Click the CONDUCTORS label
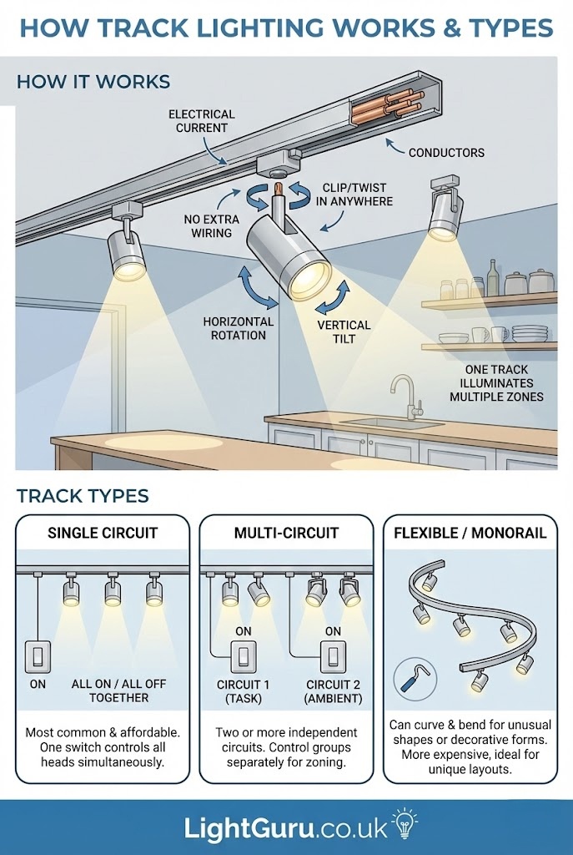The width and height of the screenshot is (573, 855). [x=446, y=153]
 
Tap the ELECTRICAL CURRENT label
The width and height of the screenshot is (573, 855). [x=202, y=121]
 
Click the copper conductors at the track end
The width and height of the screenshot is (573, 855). [x=387, y=105]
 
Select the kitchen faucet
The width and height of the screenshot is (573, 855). [x=405, y=396]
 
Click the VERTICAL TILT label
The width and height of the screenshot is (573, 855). [x=344, y=331]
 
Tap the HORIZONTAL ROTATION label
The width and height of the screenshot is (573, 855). [x=239, y=328]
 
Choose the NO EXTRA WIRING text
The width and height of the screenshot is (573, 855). [x=211, y=225]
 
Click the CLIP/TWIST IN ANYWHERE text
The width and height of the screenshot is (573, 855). [x=354, y=195]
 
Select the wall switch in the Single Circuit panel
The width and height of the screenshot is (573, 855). [x=38, y=656]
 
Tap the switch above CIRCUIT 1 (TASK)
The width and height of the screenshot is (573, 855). [x=244, y=656]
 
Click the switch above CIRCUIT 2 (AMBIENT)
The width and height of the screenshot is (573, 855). [x=333, y=656]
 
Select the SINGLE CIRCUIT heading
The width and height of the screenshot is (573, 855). [x=103, y=533]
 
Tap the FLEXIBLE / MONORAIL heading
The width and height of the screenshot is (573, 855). [x=470, y=533]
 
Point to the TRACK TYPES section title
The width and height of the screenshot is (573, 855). [x=83, y=496]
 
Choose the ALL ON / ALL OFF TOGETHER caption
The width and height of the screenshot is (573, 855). [x=118, y=691]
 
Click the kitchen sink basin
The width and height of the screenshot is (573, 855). [x=393, y=423]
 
